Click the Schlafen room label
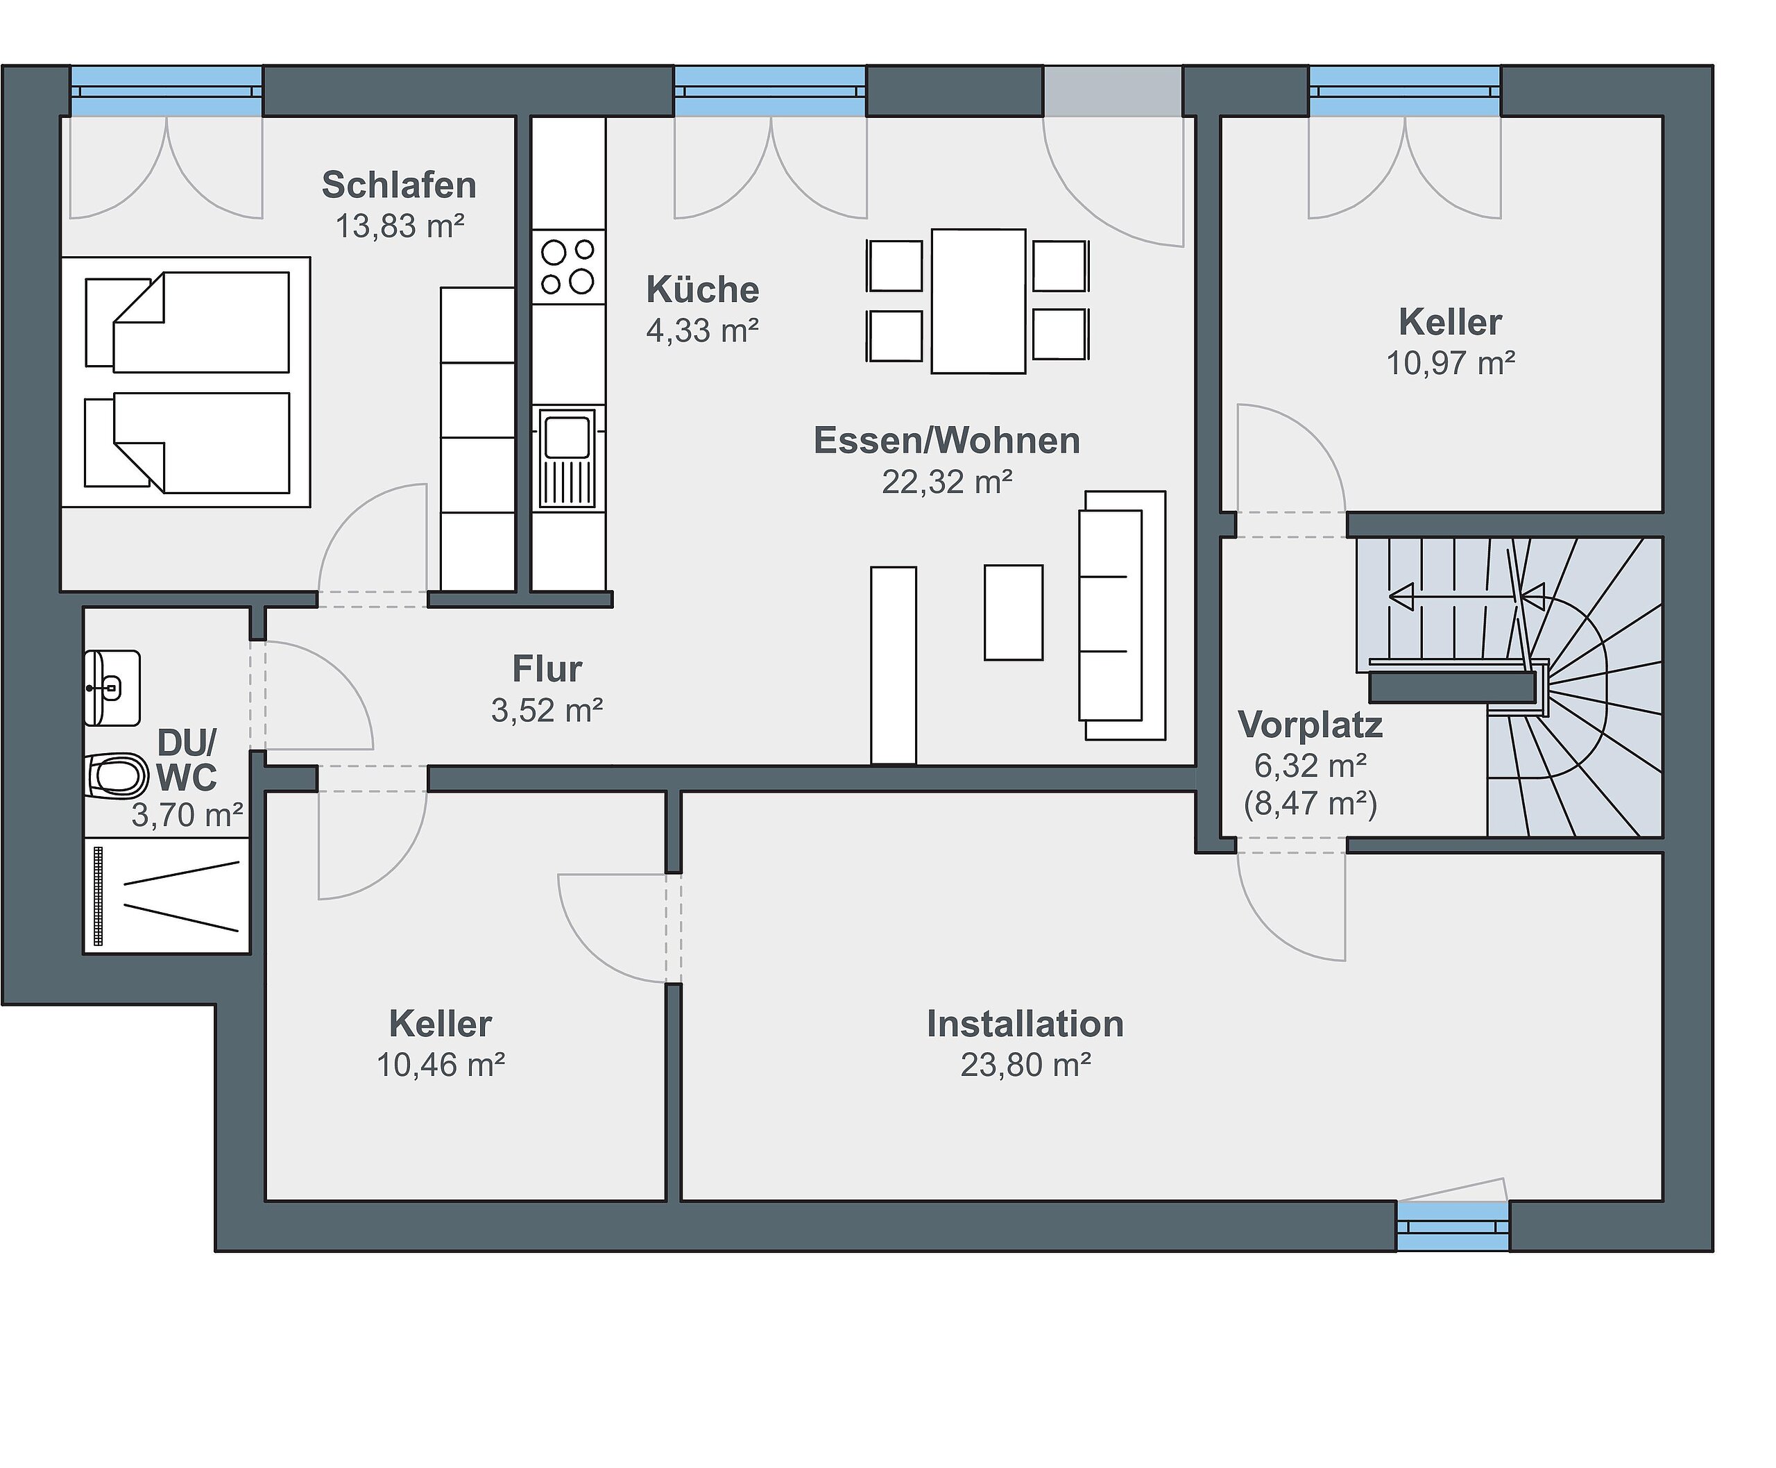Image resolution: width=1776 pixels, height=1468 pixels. tap(399, 185)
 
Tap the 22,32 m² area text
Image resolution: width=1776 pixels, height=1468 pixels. tap(947, 482)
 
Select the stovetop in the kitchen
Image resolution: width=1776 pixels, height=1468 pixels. tap(568, 267)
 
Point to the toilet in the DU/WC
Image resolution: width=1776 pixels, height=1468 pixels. tap(117, 775)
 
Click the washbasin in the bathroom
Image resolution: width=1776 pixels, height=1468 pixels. tap(112, 687)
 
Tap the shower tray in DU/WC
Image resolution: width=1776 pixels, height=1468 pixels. tap(166, 895)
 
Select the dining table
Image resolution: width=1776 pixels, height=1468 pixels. tap(978, 301)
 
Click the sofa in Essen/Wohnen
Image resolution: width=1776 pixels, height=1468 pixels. tap(1122, 616)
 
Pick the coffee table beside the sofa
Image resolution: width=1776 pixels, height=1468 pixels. tap(1014, 612)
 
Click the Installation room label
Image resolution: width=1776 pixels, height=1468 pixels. tap(1025, 1024)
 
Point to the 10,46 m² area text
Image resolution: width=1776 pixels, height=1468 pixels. tap(441, 1065)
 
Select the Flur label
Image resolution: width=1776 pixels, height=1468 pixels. tap(547, 669)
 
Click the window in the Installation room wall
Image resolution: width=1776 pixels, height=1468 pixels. tap(1452, 1225)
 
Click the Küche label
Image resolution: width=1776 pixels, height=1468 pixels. tap(703, 290)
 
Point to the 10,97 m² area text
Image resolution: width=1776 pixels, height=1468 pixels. tap(1451, 364)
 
